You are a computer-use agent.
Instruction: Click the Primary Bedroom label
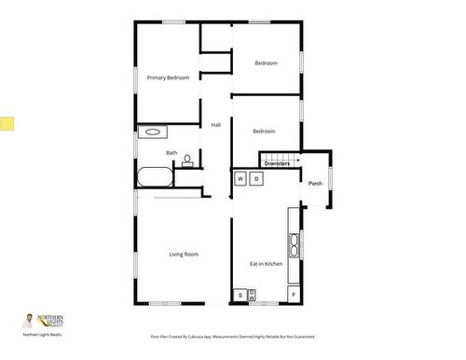tap(168, 77)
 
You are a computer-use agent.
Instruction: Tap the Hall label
tap(216, 124)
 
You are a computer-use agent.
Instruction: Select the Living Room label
tap(184, 255)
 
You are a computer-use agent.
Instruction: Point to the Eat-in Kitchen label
tap(266, 264)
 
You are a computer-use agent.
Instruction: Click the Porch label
tap(315, 183)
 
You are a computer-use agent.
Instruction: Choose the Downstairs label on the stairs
tap(276, 164)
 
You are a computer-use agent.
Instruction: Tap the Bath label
tap(171, 153)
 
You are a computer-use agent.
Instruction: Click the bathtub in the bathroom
tap(155, 176)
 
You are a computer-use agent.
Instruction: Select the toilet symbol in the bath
tap(187, 160)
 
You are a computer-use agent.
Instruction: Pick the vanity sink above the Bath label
tap(151, 132)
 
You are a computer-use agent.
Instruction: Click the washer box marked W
tap(240, 177)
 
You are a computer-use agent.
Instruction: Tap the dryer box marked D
tap(256, 177)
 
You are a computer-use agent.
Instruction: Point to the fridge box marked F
tap(294, 295)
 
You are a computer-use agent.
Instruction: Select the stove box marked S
tap(240, 295)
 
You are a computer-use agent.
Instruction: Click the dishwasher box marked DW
tap(252, 295)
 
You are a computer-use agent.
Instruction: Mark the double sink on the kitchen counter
tap(295, 244)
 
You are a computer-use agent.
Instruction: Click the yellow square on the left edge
tap(7, 123)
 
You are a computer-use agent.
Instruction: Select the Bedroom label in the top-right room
tap(267, 62)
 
